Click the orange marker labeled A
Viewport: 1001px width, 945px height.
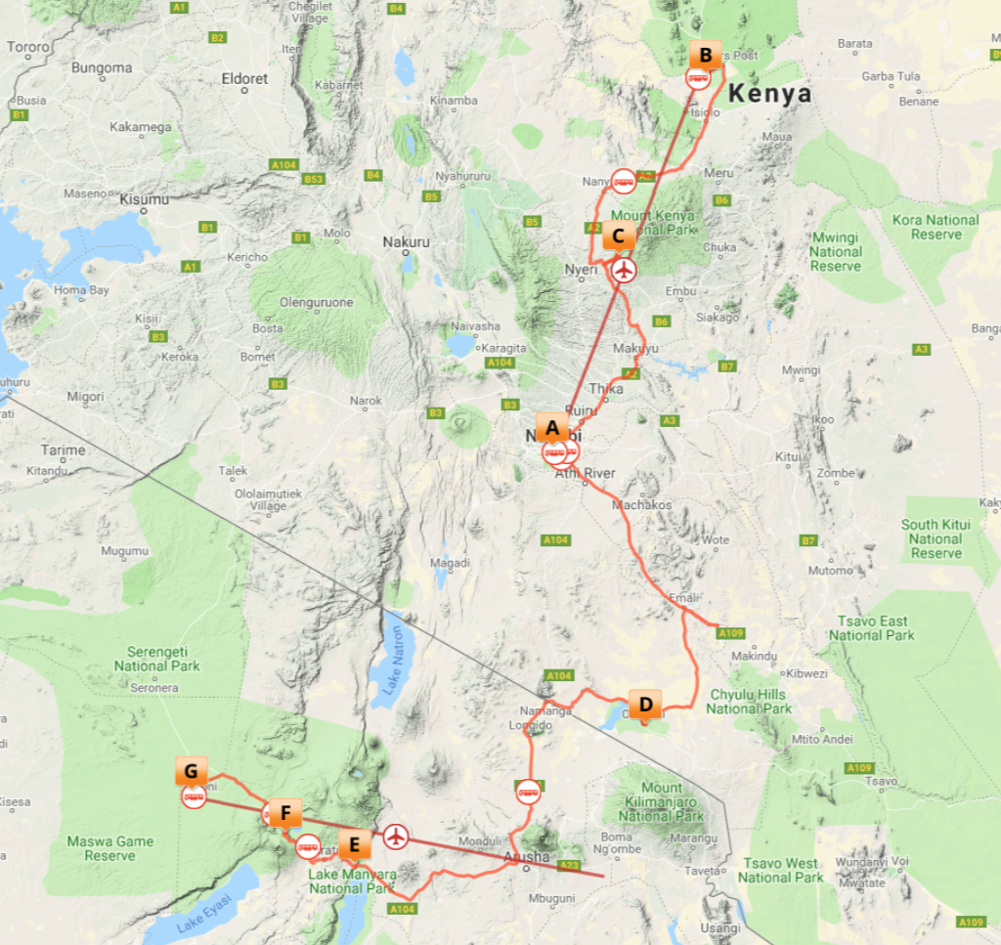pyautogui.click(x=552, y=427)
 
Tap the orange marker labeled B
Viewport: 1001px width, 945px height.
pyautogui.click(x=705, y=55)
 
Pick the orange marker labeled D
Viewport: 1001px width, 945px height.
pyautogui.click(x=645, y=704)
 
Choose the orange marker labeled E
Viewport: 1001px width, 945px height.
pyautogui.click(x=354, y=842)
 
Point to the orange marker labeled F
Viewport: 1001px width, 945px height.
pyautogui.click(x=284, y=812)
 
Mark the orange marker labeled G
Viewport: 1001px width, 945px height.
pyautogui.click(x=191, y=771)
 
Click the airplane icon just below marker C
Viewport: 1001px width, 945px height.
pyautogui.click(x=623, y=269)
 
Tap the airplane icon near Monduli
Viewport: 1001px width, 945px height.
pyautogui.click(x=395, y=836)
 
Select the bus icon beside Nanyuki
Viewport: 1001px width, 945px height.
pyautogui.click(x=624, y=181)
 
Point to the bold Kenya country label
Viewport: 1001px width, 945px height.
pyautogui.click(x=770, y=94)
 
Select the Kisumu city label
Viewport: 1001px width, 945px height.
pyautogui.click(x=144, y=199)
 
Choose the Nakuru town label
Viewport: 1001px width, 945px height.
pyautogui.click(x=406, y=241)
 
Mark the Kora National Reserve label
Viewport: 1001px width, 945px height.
pyautogui.click(x=935, y=227)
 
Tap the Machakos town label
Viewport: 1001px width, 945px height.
pyautogui.click(x=641, y=505)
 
